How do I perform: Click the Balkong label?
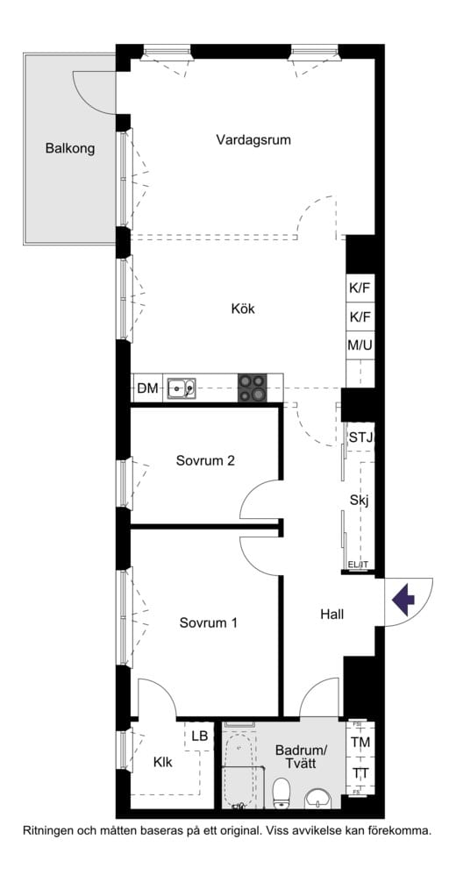click(70, 148)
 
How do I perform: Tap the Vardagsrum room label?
click(254, 139)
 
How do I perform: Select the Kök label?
click(243, 309)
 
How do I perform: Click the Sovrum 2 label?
click(204, 460)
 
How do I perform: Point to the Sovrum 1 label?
click(208, 623)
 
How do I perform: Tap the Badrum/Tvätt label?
click(301, 758)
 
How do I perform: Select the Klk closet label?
click(162, 762)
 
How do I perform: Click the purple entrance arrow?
click(403, 601)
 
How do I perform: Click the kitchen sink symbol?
click(182, 387)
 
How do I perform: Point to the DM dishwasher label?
click(147, 388)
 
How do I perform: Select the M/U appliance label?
click(360, 345)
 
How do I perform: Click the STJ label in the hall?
click(360, 437)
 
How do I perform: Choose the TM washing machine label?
click(360, 743)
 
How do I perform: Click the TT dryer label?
click(360, 773)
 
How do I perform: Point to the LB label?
click(200, 736)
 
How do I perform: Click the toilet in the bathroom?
click(281, 794)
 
